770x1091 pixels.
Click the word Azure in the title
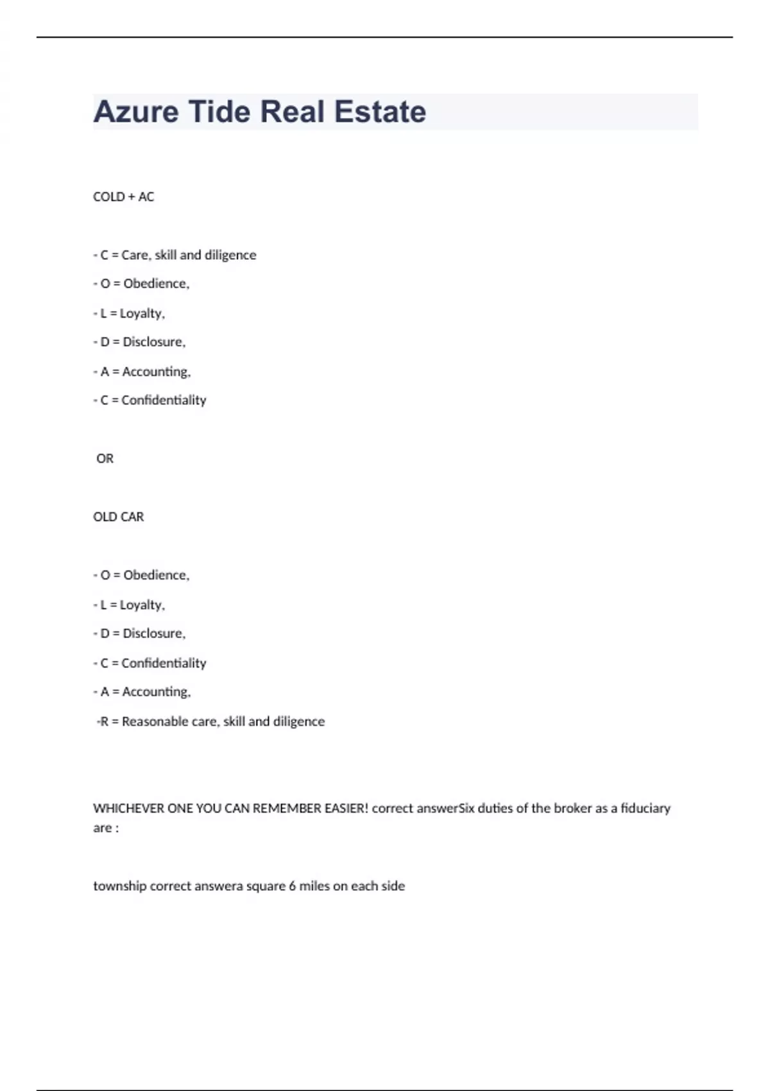click(136, 112)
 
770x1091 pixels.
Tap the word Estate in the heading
click(380, 112)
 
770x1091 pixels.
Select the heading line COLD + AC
click(124, 197)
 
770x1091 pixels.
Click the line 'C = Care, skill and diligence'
click(175, 255)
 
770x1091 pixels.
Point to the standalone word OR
click(105, 459)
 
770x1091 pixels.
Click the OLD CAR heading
click(119, 517)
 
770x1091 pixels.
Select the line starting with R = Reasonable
click(211, 722)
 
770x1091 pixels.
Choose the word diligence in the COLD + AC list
click(230, 255)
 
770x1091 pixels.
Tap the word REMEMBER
click(287, 809)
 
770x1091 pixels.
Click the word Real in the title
click(292, 112)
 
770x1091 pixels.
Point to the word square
click(265, 886)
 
